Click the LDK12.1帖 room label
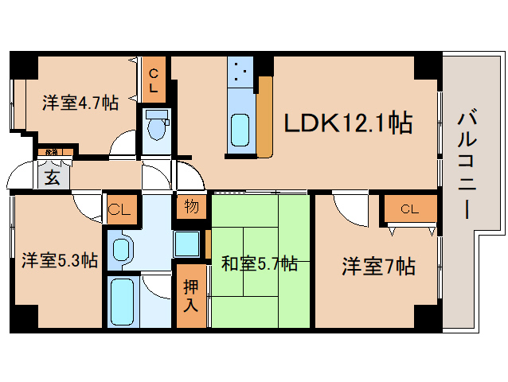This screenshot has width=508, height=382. [348, 123]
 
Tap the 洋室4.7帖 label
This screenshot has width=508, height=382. [80, 102]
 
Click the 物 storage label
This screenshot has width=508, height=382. [192, 207]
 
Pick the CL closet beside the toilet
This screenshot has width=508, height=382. [154, 80]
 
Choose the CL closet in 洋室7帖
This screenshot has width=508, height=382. [409, 209]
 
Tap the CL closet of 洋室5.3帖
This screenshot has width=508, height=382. [119, 210]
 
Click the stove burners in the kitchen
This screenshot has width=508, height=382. [240, 75]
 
